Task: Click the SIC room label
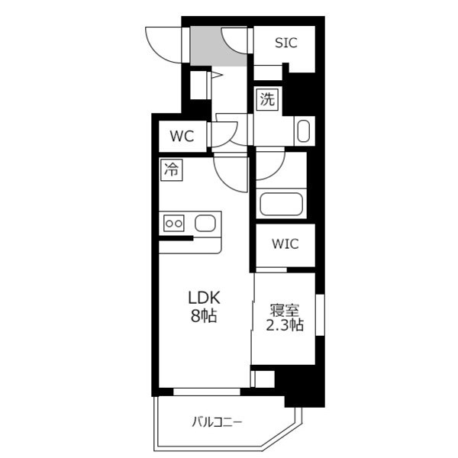(x=286, y=43)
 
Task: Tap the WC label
(x=182, y=136)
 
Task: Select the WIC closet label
(x=285, y=244)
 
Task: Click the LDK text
(x=204, y=298)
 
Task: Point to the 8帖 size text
(x=204, y=315)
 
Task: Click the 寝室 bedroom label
(x=285, y=310)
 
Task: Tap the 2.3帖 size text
(x=285, y=325)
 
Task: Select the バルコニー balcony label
(x=217, y=422)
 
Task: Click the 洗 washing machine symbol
(x=268, y=99)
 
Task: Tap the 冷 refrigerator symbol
(x=172, y=170)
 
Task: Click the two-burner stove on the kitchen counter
(x=174, y=224)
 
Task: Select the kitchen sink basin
(x=205, y=224)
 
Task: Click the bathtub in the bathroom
(x=281, y=204)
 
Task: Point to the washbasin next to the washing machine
(x=304, y=131)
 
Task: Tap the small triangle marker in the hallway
(x=217, y=75)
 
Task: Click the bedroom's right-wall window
(x=320, y=315)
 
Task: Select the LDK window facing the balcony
(x=207, y=392)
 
